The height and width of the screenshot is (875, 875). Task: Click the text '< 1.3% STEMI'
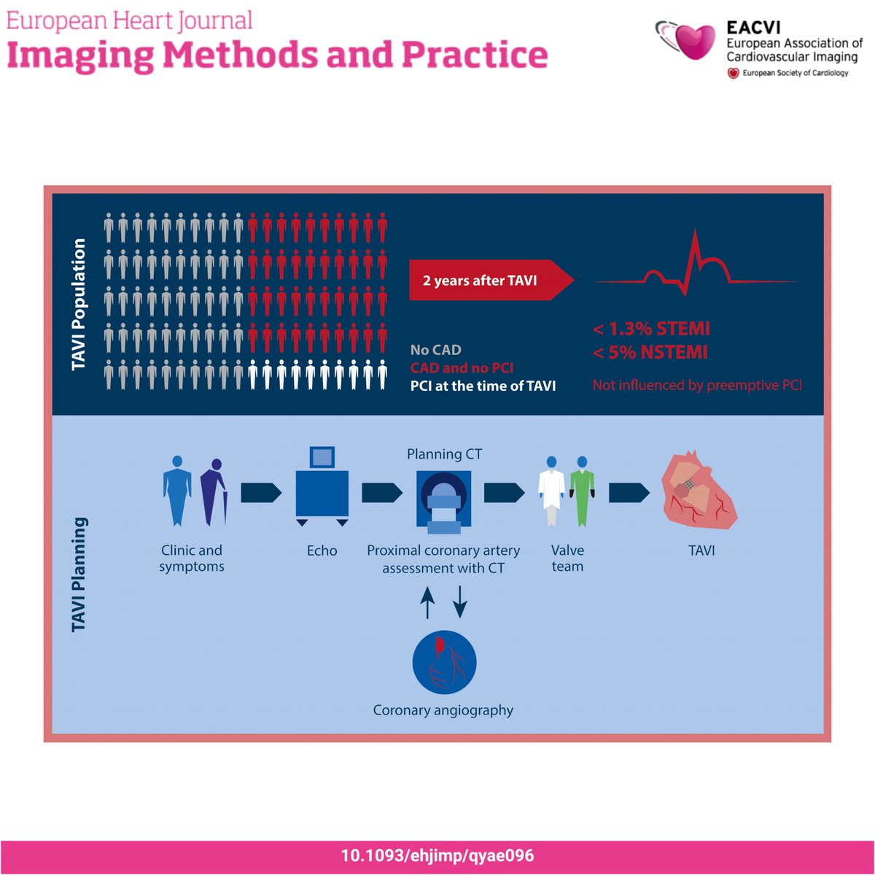(x=651, y=328)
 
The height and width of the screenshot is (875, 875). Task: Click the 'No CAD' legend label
(x=435, y=350)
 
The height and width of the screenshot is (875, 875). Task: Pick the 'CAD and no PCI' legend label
(x=462, y=368)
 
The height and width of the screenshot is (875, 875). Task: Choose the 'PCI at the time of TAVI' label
(x=483, y=386)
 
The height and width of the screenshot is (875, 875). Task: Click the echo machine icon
(x=322, y=485)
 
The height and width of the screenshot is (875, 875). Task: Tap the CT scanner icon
(x=443, y=499)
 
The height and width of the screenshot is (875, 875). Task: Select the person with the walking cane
(x=214, y=491)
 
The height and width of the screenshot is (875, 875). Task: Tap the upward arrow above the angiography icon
(x=428, y=603)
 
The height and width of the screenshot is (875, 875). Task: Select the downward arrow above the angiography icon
(x=460, y=603)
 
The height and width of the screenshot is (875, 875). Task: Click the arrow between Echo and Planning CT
(x=381, y=493)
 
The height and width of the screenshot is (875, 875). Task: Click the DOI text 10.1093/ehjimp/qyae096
(x=437, y=855)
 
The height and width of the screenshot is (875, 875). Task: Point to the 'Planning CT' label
(x=444, y=454)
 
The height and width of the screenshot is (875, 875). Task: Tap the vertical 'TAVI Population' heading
(x=79, y=304)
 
